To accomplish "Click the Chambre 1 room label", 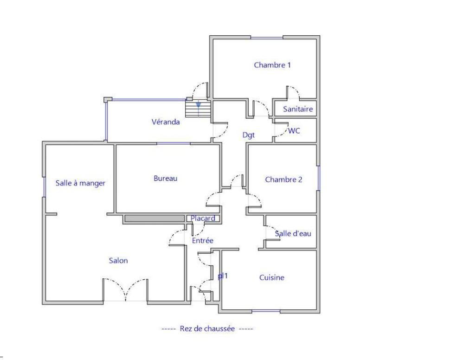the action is [x=272, y=65].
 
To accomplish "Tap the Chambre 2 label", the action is [x=283, y=180].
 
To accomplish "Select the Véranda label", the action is [x=166, y=122].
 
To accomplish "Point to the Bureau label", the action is [x=166, y=178].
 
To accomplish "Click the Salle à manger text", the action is [x=80, y=183].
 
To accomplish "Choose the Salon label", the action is [x=118, y=261].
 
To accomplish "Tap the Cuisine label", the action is [x=271, y=277].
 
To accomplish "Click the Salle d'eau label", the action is [x=293, y=233].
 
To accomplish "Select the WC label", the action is [x=294, y=131].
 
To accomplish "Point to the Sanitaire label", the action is [x=298, y=109].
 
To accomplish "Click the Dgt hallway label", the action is [x=249, y=135].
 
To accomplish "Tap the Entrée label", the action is [x=203, y=240].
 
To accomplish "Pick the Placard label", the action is [x=203, y=218].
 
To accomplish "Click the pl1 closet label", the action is [x=223, y=276].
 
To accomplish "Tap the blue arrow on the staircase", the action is [x=199, y=104].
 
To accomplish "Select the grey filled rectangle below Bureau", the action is [x=155, y=219].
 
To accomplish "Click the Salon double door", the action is [x=126, y=290].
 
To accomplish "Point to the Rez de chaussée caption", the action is [x=207, y=329].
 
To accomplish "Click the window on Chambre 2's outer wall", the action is [x=319, y=178].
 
